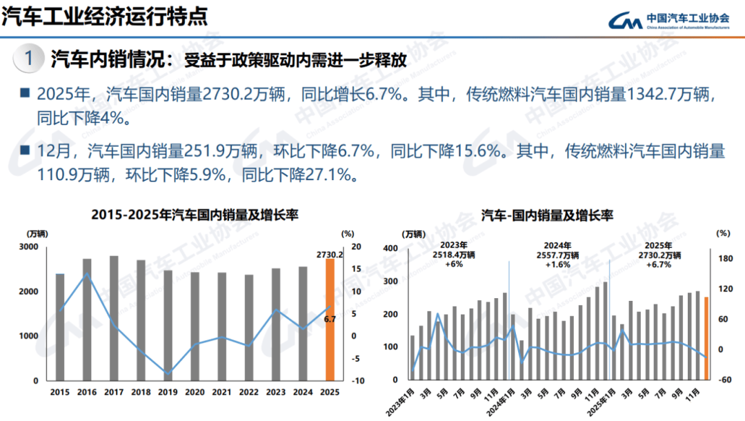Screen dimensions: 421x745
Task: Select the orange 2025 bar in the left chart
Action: click(330, 320)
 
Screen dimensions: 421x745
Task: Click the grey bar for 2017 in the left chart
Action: click(114, 318)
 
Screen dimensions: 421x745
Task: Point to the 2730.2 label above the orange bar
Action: click(330, 254)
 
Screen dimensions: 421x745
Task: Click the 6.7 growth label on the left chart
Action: click(330, 319)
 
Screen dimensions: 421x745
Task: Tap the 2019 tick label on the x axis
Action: click(168, 392)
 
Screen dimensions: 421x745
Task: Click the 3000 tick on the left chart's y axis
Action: click(29, 247)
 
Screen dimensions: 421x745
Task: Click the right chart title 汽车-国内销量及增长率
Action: click(547, 215)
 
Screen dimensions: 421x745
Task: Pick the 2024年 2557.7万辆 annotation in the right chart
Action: click(557, 255)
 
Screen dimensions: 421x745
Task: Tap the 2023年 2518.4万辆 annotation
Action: click(454, 255)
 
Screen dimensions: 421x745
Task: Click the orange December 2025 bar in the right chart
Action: click(706, 338)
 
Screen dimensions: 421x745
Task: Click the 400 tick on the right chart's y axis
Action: click(390, 248)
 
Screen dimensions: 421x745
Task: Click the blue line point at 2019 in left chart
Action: click(168, 373)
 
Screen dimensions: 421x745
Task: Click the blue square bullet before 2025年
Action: click(25, 93)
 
